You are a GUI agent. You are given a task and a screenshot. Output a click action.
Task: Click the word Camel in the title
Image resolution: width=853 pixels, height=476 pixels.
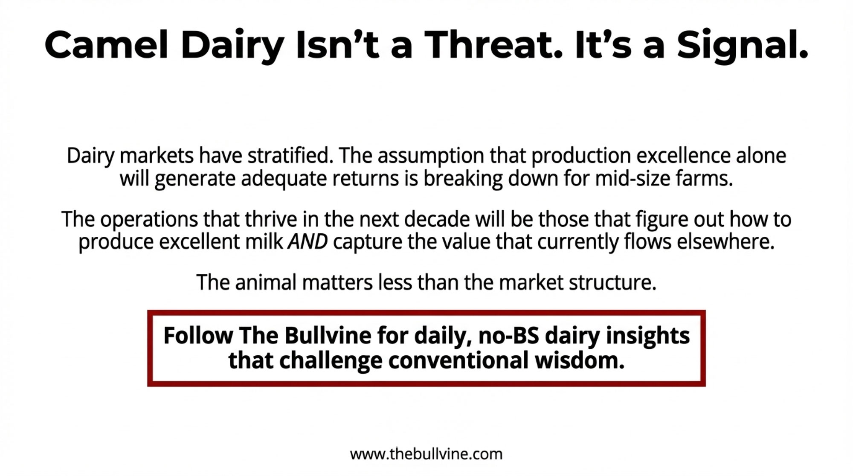coord(107,45)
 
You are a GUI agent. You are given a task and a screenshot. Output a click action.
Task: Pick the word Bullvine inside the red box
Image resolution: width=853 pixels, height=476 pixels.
coord(328,335)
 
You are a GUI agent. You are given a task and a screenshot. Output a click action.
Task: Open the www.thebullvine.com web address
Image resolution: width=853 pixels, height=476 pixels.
coord(426,454)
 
